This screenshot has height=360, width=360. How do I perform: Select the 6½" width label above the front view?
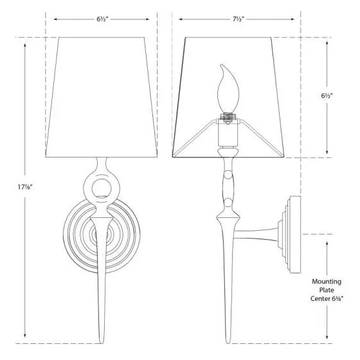(x=102, y=19)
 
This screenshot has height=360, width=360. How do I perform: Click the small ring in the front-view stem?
(x=102, y=188)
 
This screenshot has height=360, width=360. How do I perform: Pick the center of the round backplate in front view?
(x=102, y=235)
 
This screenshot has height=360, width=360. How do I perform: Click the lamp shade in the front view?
(x=102, y=96)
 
